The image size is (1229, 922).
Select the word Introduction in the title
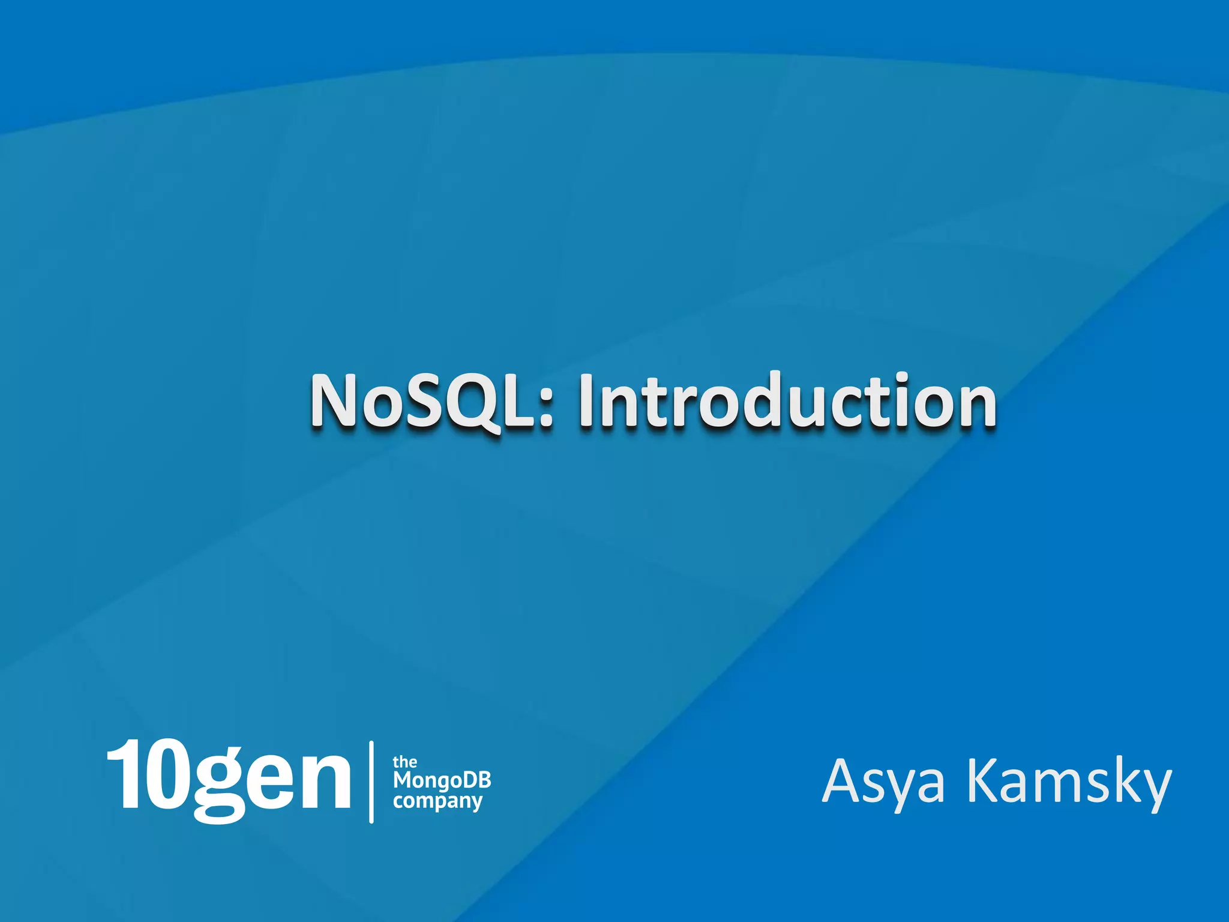tap(787, 401)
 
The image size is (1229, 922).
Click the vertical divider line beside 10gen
tap(371, 782)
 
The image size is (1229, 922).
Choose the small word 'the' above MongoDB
tap(404, 762)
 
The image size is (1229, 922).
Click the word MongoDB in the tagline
tap(442, 780)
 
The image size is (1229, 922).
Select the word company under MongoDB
tap(437, 801)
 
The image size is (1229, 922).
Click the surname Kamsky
tap(1069, 782)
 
